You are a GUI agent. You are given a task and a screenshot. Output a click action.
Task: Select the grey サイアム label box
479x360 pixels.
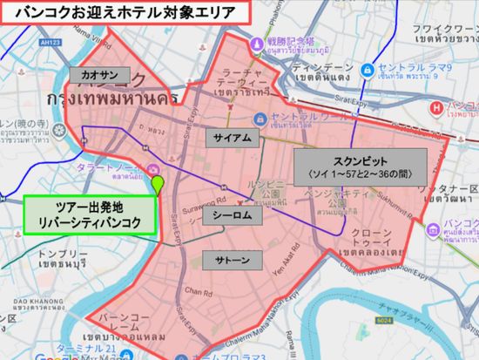228,138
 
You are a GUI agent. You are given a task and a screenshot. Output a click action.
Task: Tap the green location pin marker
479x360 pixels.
158,184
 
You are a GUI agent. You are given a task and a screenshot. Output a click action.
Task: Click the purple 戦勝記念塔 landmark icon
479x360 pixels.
259,41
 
